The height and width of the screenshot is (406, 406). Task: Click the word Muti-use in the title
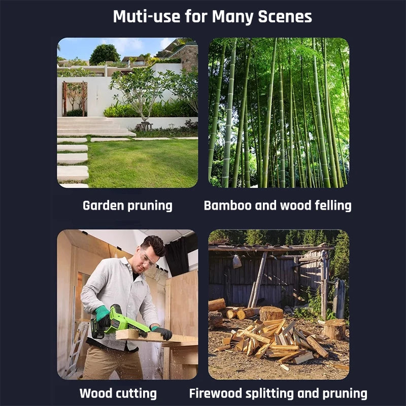147,17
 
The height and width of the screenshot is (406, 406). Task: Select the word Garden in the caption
103,206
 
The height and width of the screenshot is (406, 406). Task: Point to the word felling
333,206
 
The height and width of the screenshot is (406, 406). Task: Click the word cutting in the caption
138,394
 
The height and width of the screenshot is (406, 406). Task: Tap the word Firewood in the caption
215,393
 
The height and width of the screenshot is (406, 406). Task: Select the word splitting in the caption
269,394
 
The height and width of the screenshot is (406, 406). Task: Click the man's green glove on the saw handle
102,313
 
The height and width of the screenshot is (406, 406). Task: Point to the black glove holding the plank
162,332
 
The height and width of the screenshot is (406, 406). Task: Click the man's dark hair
154,245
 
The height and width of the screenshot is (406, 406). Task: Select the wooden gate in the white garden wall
75,99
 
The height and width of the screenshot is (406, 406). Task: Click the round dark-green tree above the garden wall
105,54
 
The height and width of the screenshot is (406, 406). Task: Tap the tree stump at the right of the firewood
334,329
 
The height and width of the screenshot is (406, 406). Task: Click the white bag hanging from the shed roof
237,261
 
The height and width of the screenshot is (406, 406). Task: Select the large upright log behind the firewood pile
271,314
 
